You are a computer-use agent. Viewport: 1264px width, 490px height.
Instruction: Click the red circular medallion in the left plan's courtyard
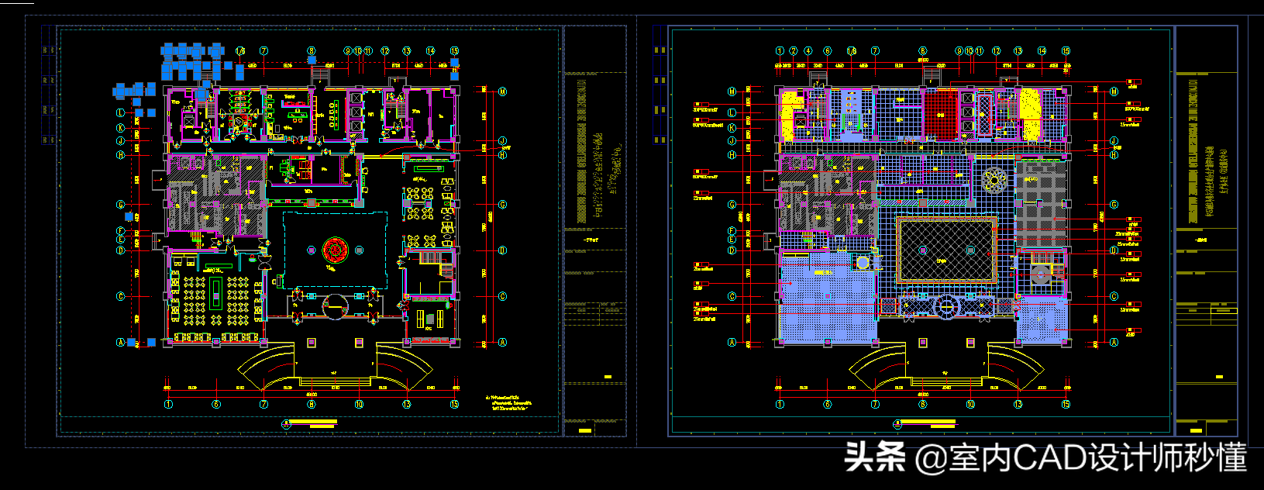click(x=335, y=250)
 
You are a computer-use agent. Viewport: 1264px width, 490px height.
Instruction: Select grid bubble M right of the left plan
click(x=502, y=91)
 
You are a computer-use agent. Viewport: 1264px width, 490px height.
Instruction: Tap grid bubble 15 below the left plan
click(x=454, y=404)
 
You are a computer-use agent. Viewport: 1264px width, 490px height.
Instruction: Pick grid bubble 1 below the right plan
click(x=780, y=404)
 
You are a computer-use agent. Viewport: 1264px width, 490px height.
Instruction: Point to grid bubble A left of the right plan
click(x=732, y=342)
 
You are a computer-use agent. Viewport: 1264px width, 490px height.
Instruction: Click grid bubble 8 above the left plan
click(x=312, y=51)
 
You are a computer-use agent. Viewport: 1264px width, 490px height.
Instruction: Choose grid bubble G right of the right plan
click(x=1114, y=205)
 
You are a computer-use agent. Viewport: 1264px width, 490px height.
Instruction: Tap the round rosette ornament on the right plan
click(x=994, y=180)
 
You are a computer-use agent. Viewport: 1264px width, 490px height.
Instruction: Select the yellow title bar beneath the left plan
click(x=312, y=423)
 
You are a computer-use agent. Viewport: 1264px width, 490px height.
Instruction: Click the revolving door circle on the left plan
click(x=334, y=307)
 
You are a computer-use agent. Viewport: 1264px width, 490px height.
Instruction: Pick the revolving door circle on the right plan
click(x=946, y=306)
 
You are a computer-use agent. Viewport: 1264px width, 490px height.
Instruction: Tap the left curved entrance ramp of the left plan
click(x=263, y=367)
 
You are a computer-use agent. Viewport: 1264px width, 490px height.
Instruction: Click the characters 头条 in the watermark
click(x=874, y=457)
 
